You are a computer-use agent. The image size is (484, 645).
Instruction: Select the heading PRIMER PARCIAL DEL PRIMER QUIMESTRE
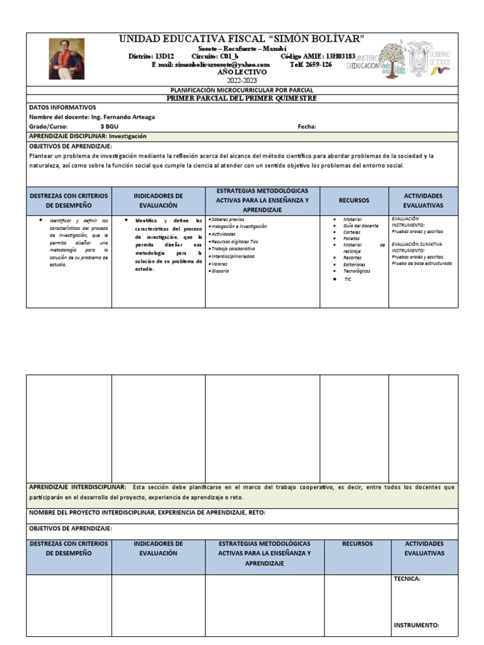click(x=242, y=99)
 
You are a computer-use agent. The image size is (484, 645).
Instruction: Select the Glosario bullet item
click(x=221, y=271)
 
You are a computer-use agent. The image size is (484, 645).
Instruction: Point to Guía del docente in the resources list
click(x=360, y=225)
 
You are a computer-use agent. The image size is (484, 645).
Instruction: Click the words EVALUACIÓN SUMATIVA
click(x=417, y=244)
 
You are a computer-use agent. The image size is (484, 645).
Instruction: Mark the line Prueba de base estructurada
click(x=421, y=263)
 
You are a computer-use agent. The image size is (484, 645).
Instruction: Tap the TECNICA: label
click(x=407, y=578)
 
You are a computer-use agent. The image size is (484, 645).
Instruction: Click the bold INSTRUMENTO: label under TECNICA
click(x=416, y=625)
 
